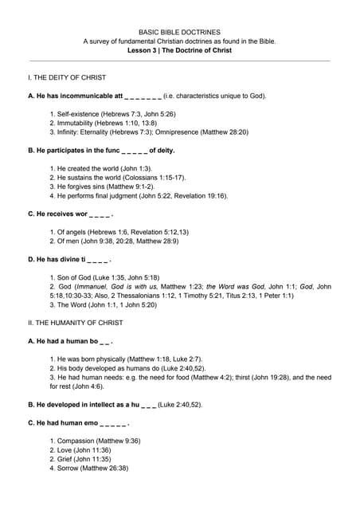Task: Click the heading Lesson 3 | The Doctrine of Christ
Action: point(179,50)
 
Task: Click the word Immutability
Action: point(76,123)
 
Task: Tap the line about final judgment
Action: point(137,195)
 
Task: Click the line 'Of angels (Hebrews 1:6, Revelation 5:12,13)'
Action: point(119,232)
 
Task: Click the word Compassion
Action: point(78,441)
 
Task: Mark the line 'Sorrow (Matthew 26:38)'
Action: point(96,468)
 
